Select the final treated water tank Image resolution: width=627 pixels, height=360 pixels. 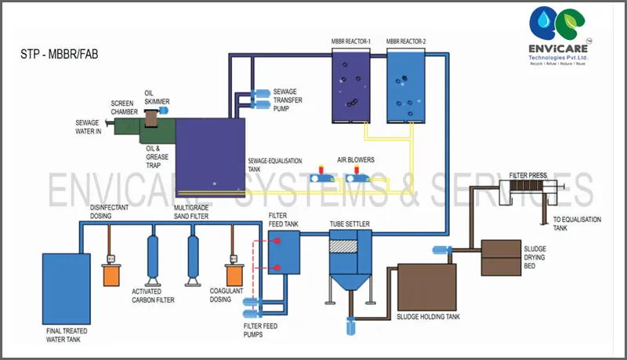pos(63,288)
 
